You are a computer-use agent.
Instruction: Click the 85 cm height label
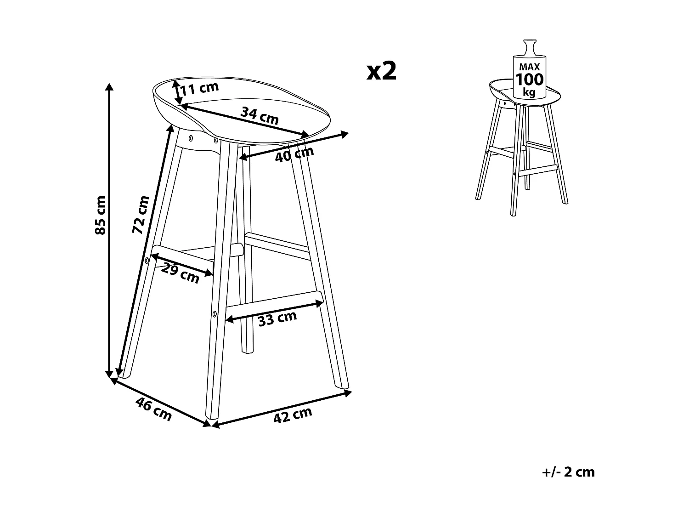point(101,215)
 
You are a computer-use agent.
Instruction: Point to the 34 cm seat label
point(260,115)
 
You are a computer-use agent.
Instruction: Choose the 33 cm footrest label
point(277,318)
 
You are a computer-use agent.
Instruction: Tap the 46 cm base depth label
point(154,409)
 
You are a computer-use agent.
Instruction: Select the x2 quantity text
point(381,71)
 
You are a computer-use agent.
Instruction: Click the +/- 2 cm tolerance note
point(568,472)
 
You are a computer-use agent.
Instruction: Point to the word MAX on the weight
point(530,67)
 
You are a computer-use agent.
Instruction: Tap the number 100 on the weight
point(530,80)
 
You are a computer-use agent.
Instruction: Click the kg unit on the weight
point(530,92)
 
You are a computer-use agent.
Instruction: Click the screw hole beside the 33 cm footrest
point(215,314)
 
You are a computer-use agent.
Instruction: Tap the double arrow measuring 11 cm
point(176,92)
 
